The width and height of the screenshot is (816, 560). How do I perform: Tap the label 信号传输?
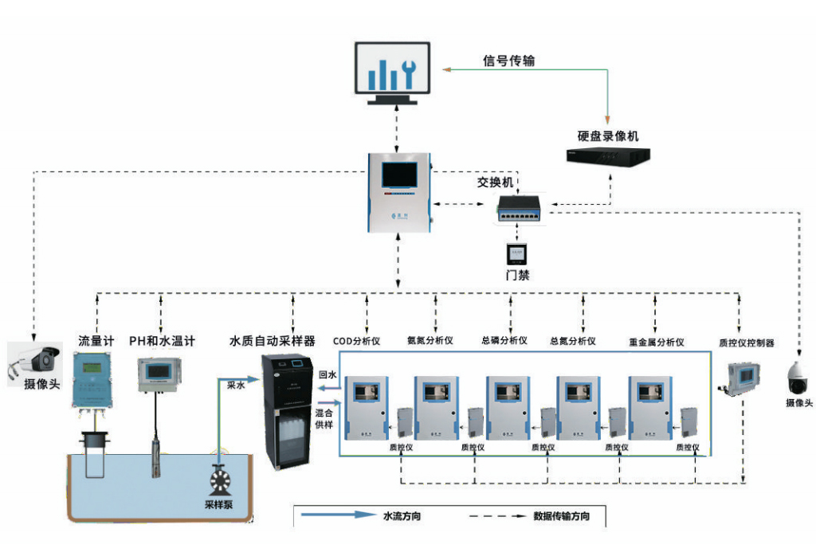tap(508, 61)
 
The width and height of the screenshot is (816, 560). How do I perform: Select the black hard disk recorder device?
tap(608, 156)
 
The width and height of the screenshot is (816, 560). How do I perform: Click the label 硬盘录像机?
tap(608, 136)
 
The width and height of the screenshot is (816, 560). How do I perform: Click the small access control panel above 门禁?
tap(517, 253)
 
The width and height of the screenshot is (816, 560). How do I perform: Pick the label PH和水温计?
tap(163, 341)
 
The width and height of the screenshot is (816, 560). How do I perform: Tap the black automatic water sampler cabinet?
tap(288, 413)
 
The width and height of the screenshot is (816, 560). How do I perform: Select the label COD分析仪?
tap(356, 341)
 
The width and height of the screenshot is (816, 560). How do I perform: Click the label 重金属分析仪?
tap(657, 342)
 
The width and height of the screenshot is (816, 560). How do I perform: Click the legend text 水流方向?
tap(402, 516)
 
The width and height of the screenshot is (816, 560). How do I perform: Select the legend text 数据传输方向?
tap(562, 516)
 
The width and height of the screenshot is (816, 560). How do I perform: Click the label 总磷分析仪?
tap(504, 341)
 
